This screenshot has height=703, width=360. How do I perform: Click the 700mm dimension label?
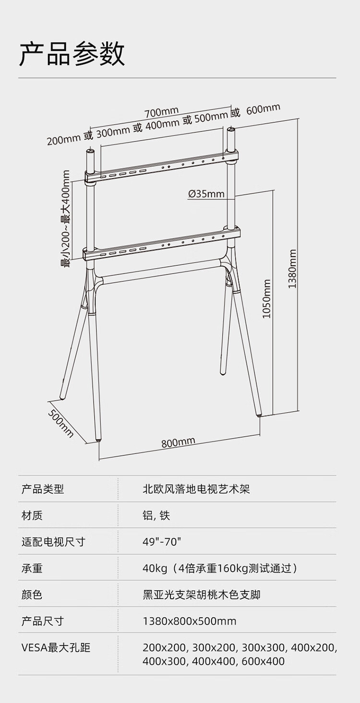tap(162, 111)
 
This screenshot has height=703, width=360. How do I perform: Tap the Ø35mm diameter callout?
tap(206, 194)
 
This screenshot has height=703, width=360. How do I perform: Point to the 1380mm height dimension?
tap(292, 269)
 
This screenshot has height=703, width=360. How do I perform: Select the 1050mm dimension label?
tap(266, 299)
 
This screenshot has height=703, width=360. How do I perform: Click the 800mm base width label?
tap(178, 442)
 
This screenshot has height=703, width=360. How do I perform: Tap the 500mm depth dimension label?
tap(61, 424)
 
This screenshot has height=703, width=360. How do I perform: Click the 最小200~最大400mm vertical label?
tap(66, 219)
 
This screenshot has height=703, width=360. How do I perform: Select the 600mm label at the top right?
tap(263, 109)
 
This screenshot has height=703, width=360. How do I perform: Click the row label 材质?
tap(32, 515)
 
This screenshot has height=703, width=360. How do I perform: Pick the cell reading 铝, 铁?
tap(156, 515)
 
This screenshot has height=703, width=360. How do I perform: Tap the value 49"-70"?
tap(162, 542)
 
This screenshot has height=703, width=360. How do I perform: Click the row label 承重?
tap(32, 568)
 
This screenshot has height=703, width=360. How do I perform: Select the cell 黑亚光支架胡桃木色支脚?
tap(202, 595)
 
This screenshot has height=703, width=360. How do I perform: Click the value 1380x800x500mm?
tap(190, 621)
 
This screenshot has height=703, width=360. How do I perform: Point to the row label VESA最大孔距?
tap(56, 647)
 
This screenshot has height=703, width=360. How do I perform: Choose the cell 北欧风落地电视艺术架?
tap(196, 489)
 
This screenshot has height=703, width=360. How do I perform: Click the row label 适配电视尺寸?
tap(53, 542)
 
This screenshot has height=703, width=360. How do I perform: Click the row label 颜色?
tap(32, 595)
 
